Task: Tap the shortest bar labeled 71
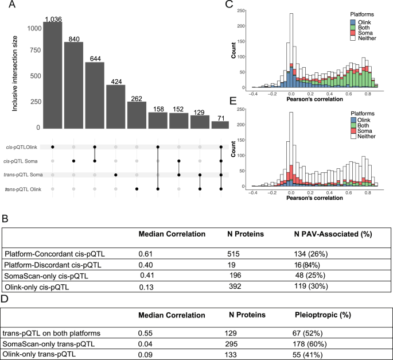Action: (220, 125)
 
